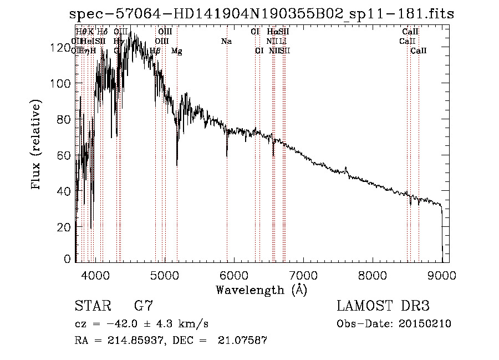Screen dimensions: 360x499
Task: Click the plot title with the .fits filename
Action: (x=261, y=14)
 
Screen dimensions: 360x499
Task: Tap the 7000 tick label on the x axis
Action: (x=303, y=275)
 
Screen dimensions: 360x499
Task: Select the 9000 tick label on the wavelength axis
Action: (x=441, y=275)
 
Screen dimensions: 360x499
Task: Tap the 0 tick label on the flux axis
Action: (x=68, y=259)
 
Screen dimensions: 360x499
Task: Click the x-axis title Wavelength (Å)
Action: (x=261, y=290)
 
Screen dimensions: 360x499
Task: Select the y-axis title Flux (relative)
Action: (x=37, y=145)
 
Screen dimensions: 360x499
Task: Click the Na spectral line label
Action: (x=226, y=41)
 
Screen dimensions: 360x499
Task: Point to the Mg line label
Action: (x=176, y=51)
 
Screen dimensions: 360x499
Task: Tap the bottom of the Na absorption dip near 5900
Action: (x=227, y=157)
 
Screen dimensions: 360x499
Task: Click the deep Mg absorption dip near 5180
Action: (x=177, y=165)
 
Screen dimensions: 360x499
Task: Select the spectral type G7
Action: (x=143, y=306)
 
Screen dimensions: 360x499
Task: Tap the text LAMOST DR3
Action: (x=383, y=306)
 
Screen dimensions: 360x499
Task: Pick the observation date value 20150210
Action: (x=424, y=324)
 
